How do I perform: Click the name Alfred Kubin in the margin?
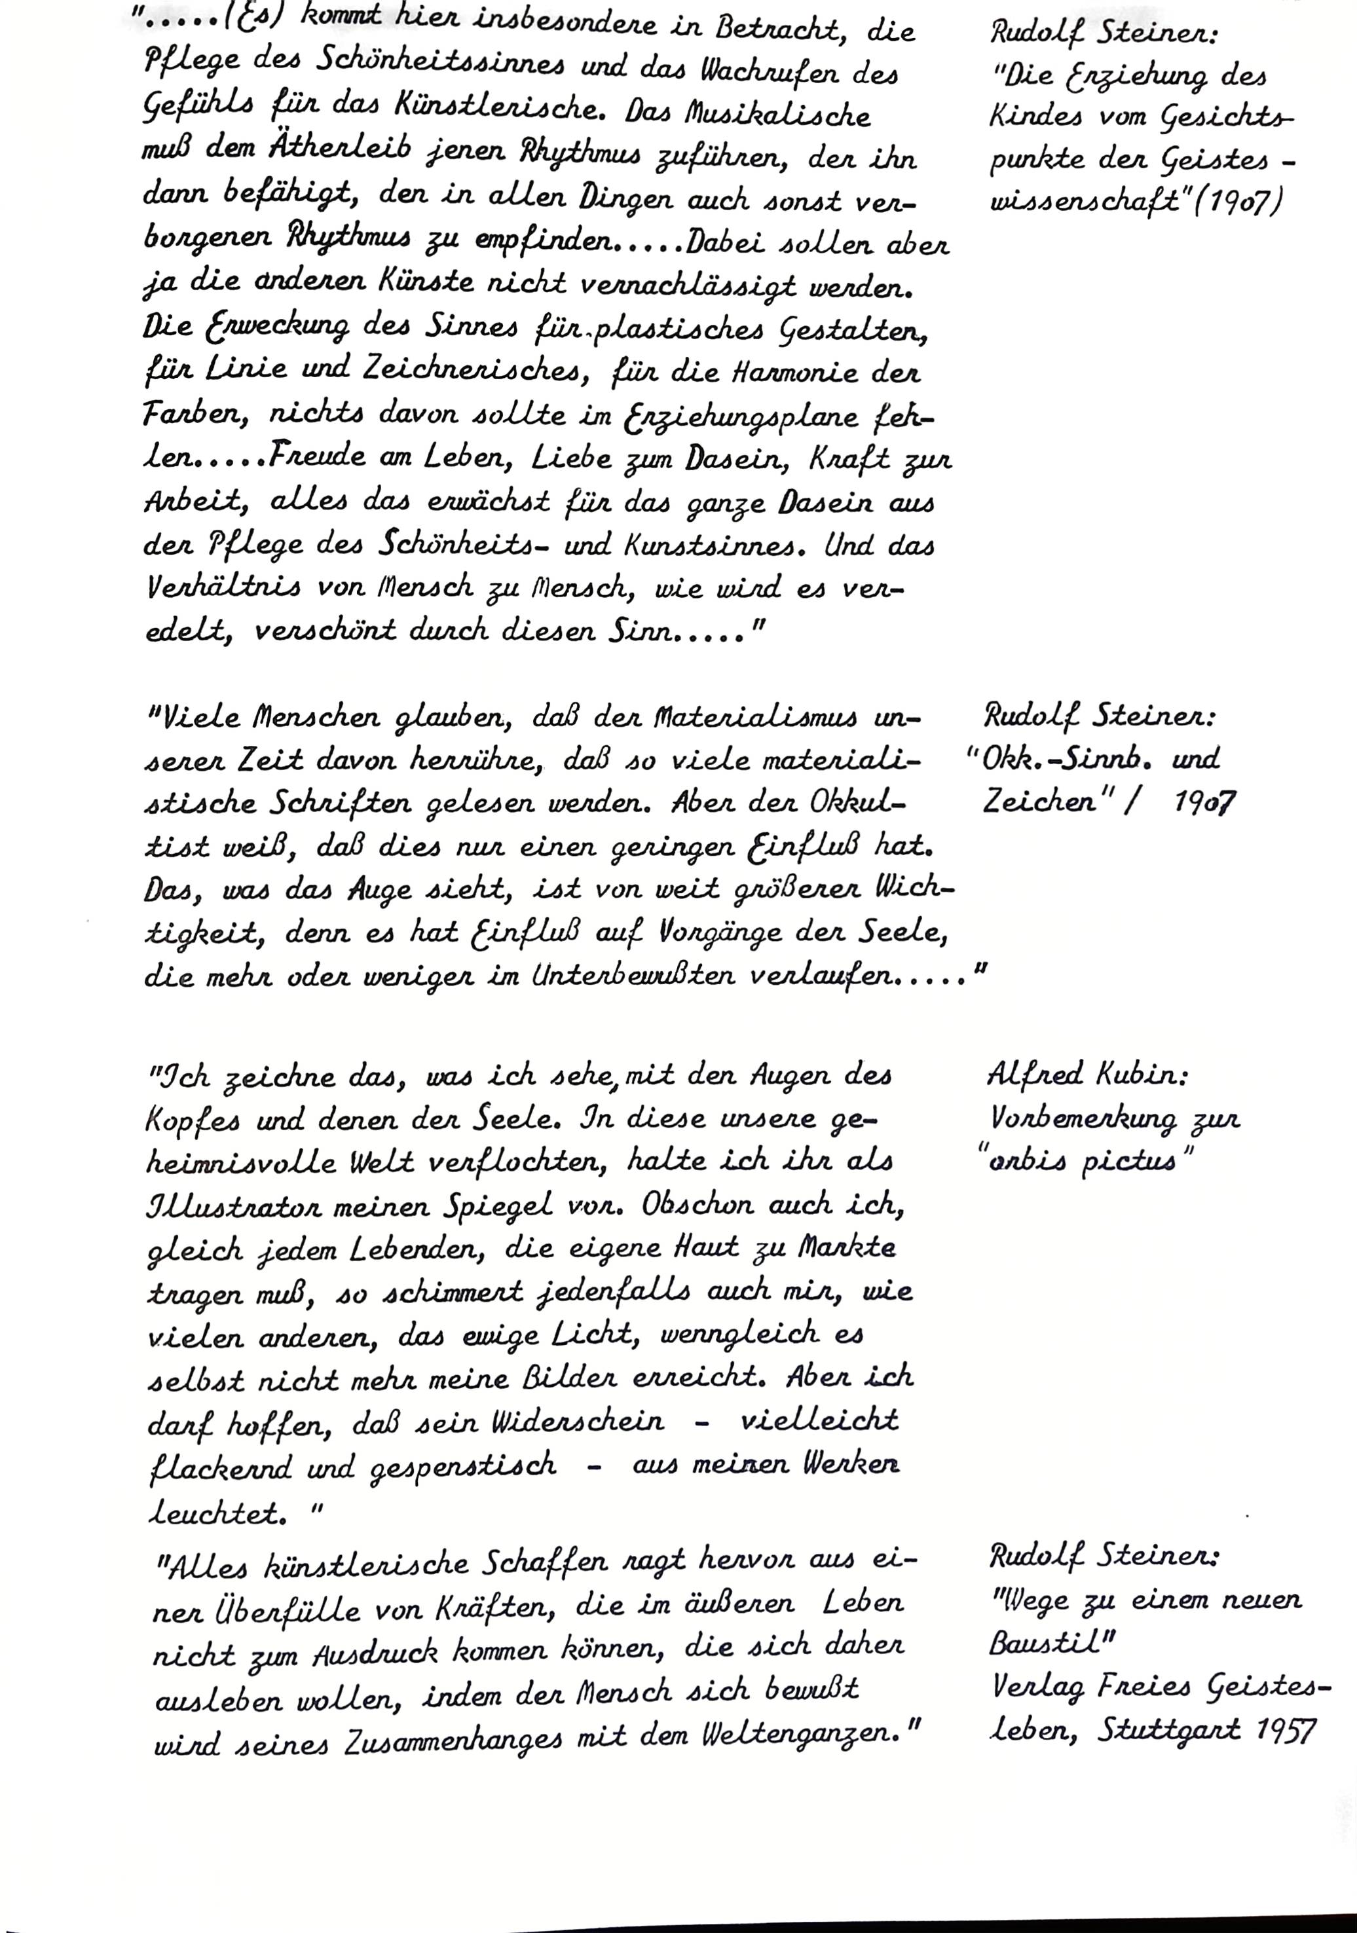(x=1085, y=1075)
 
